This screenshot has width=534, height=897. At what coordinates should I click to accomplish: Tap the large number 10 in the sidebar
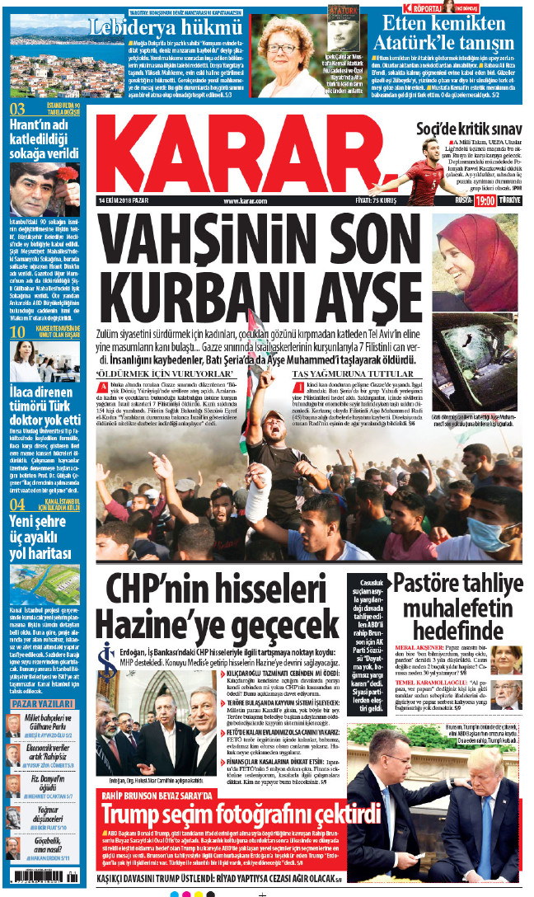16,331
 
